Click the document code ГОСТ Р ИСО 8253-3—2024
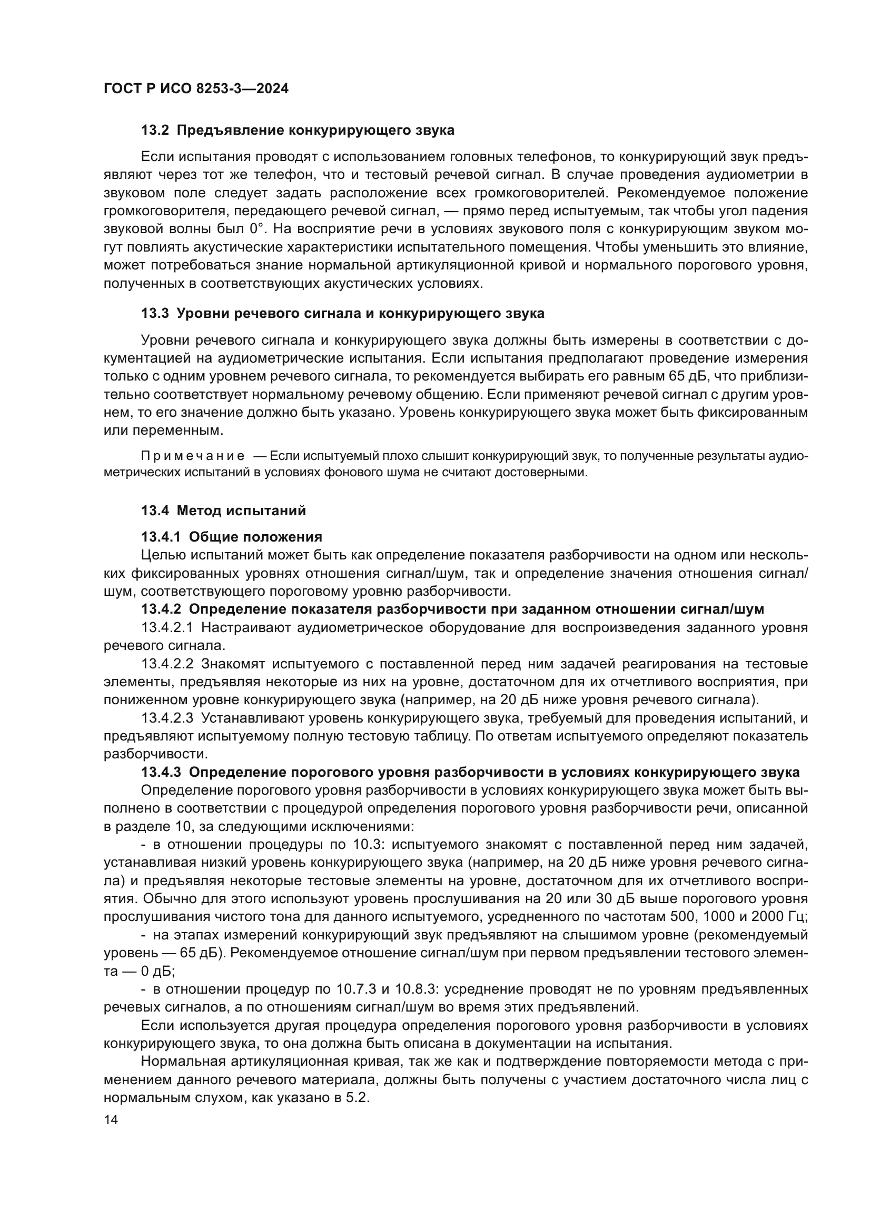click(196, 88)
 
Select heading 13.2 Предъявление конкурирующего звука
click(298, 131)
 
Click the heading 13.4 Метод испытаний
click(223, 511)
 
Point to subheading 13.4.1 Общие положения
click(231, 537)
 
